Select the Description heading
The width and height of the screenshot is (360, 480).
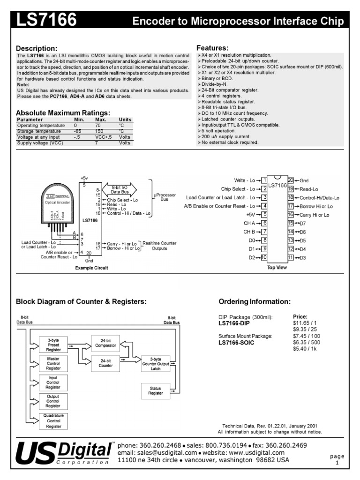(37, 49)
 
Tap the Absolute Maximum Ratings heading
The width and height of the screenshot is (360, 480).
(63, 112)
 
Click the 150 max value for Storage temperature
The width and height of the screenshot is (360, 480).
(100, 132)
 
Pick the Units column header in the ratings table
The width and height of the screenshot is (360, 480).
(125, 120)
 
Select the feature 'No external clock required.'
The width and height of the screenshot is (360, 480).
(230, 142)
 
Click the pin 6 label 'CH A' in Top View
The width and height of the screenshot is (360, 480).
(248, 223)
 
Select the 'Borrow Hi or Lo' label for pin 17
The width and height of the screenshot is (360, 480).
(316, 206)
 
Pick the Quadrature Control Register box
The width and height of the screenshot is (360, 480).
(53, 421)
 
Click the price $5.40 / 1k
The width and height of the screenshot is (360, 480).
(305, 349)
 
